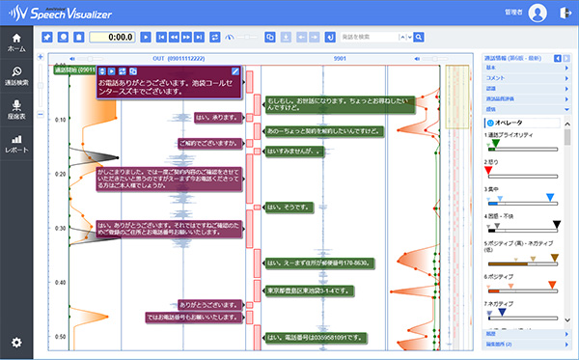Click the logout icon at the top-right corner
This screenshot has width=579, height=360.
[x=564, y=14]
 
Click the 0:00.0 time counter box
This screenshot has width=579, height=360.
[x=110, y=37]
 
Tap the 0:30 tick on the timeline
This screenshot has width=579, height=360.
[x=60, y=229]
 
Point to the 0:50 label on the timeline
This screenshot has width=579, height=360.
[x=60, y=337]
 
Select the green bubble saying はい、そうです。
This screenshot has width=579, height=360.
[x=284, y=207]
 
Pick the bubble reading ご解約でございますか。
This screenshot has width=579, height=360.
[x=208, y=143]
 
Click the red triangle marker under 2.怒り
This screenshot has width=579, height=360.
[x=488, y=170]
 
